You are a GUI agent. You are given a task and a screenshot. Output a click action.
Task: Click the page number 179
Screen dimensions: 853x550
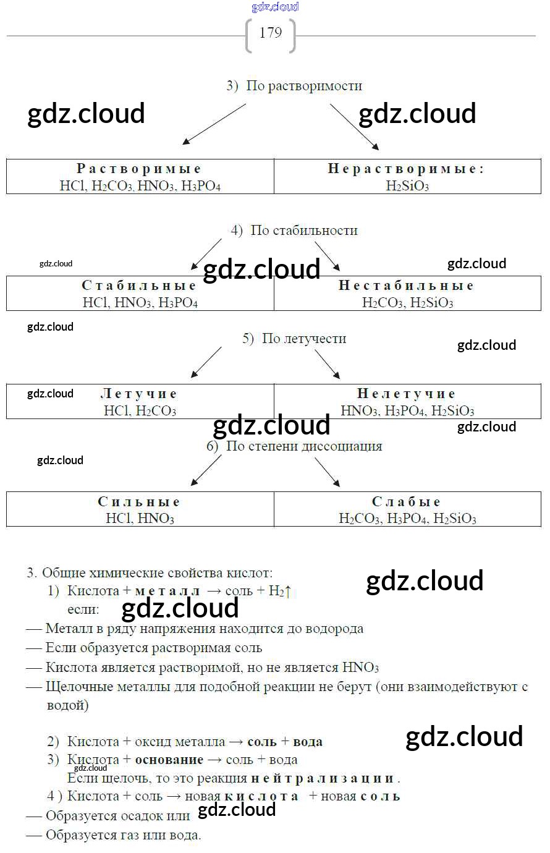pyautogui.click(x=271, y=33)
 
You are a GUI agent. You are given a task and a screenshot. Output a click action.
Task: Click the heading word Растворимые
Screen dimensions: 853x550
pyautogui.click(x=139, y=169)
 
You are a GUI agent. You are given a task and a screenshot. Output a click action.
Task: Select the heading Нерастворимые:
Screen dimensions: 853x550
pyautogui.click(x=406, y=169)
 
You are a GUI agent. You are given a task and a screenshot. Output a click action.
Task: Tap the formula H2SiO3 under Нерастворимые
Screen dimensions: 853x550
pyautogui.click(x=407, y=186)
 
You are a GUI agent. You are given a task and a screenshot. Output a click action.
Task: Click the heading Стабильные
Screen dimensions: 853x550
pyautogui.click(x=139, y=286)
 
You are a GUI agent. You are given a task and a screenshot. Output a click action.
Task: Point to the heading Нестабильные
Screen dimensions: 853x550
pyautogui.click(x=406, y=286)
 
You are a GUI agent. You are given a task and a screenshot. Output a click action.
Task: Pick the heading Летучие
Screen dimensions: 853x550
pyautogui.click(x=139, y=394)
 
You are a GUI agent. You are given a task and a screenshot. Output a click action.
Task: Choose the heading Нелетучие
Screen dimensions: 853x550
pyautogui.click(x=406, y=394)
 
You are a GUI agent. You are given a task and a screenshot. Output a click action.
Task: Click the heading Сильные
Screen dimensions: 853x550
pyautogui.click(x=139, y=502)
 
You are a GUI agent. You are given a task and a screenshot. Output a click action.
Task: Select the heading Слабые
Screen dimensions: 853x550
pyautogui.click(x=406, y=502)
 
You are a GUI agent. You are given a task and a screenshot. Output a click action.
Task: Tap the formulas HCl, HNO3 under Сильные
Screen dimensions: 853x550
pyautogui.click(x=140, y=519)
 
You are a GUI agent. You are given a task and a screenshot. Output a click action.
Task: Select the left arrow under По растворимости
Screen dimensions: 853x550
pyautogui.click(x=213, y=125)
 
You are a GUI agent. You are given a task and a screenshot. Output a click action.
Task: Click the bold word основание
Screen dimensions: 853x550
pyautogui.click(x=169, y=760)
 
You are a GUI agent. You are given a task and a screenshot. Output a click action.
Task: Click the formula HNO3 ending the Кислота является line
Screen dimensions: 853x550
pyautogui.click(x=360, y=668)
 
